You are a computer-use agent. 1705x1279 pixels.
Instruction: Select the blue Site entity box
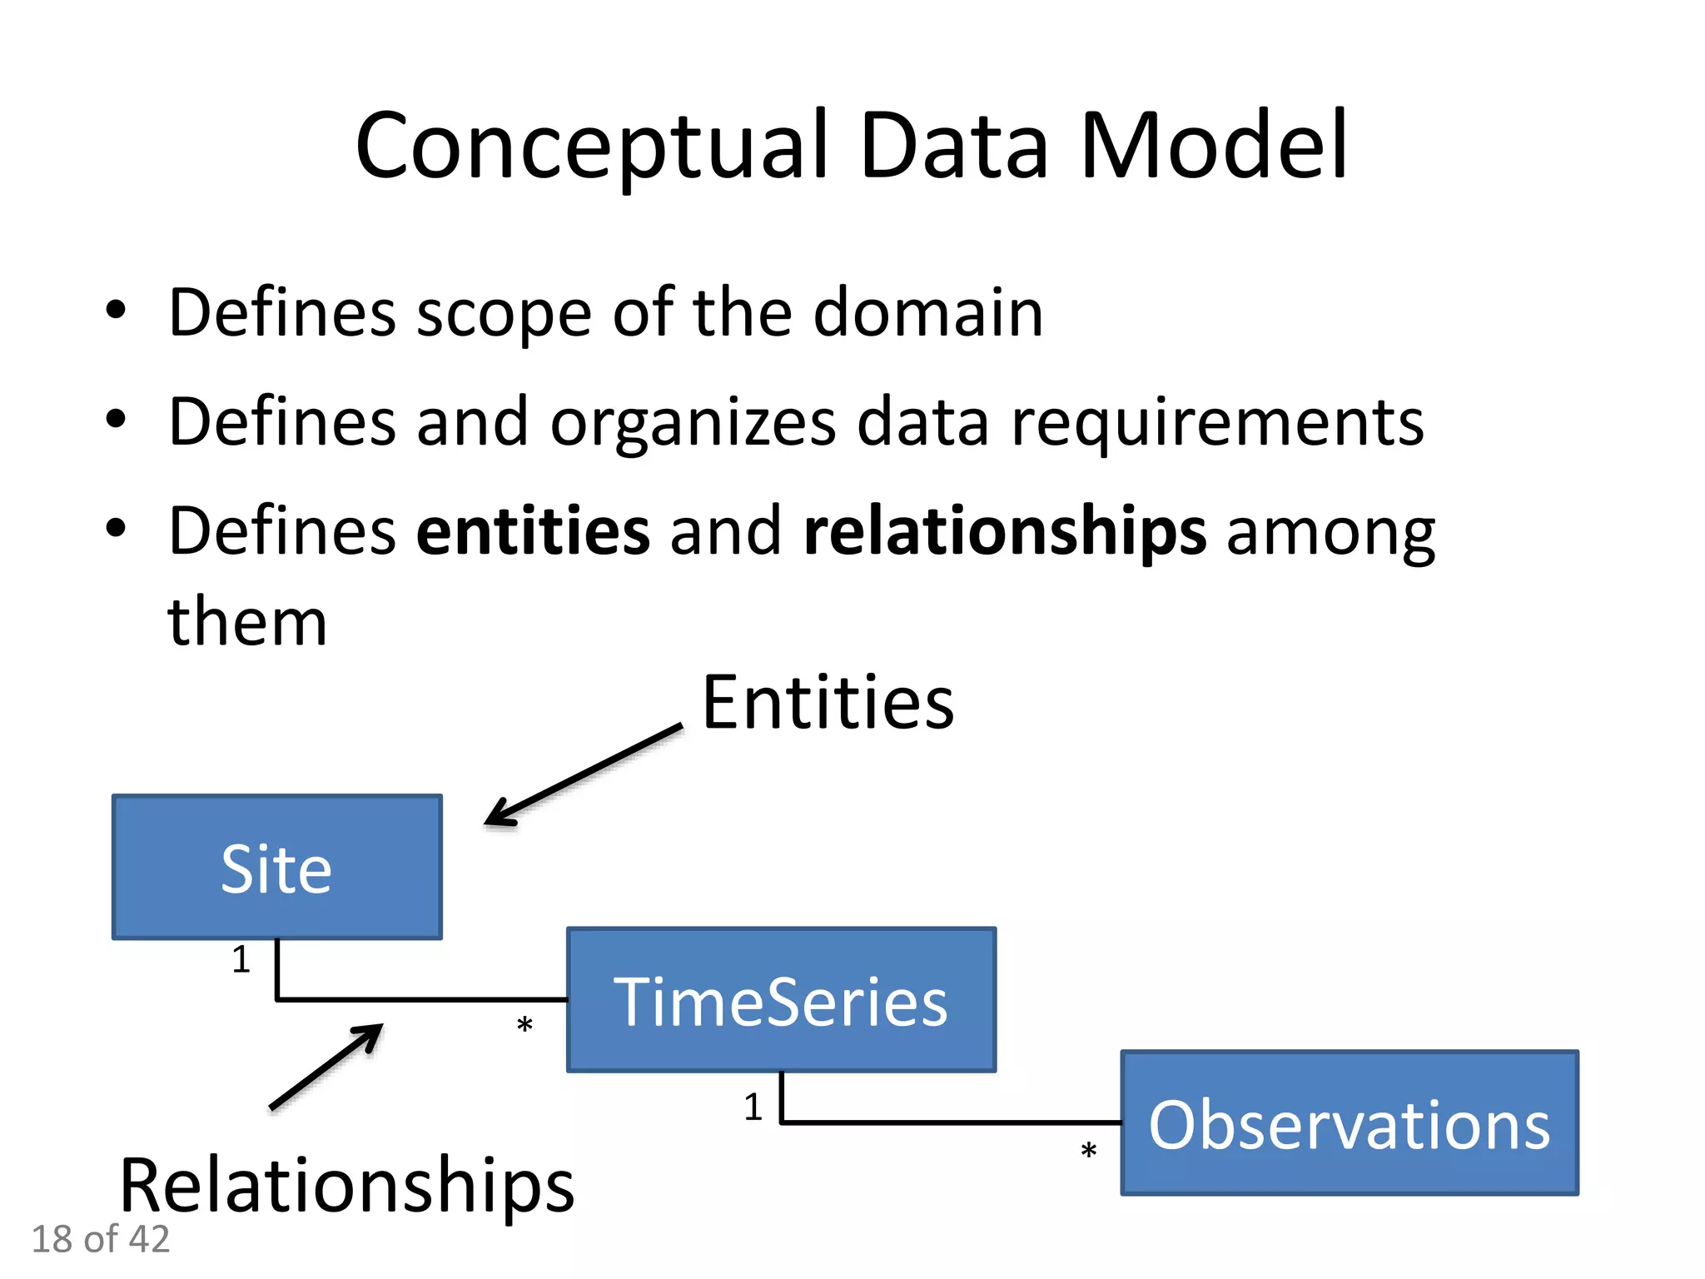[x=277, y=868]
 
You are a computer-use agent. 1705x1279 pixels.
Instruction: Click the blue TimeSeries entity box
[x=781, y=1000]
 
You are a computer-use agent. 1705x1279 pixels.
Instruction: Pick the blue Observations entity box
[x=1350, y=1123]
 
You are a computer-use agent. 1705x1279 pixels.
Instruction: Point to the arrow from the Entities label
[x=583, y=774]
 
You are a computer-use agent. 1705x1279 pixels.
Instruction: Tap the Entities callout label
[x=828, y=704]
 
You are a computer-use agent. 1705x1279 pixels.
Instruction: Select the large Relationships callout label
[x=346, y=1185]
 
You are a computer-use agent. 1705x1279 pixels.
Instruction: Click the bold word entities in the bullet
[x=533, y=531]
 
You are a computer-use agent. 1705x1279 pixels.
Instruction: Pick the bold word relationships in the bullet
[x=1005, y=531]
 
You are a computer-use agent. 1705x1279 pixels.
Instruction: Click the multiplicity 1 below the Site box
[x=241, y=959]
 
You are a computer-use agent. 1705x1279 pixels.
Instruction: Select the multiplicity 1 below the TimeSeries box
[x=753, y=1107]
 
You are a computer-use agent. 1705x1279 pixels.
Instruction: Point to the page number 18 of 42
[x=101, y=1239]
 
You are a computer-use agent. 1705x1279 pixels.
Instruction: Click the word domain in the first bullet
[x=927, y=313]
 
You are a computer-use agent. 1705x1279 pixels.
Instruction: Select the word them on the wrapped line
[x=247, y=622]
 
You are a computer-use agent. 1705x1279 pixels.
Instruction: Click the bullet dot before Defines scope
[x=116, y=311]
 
